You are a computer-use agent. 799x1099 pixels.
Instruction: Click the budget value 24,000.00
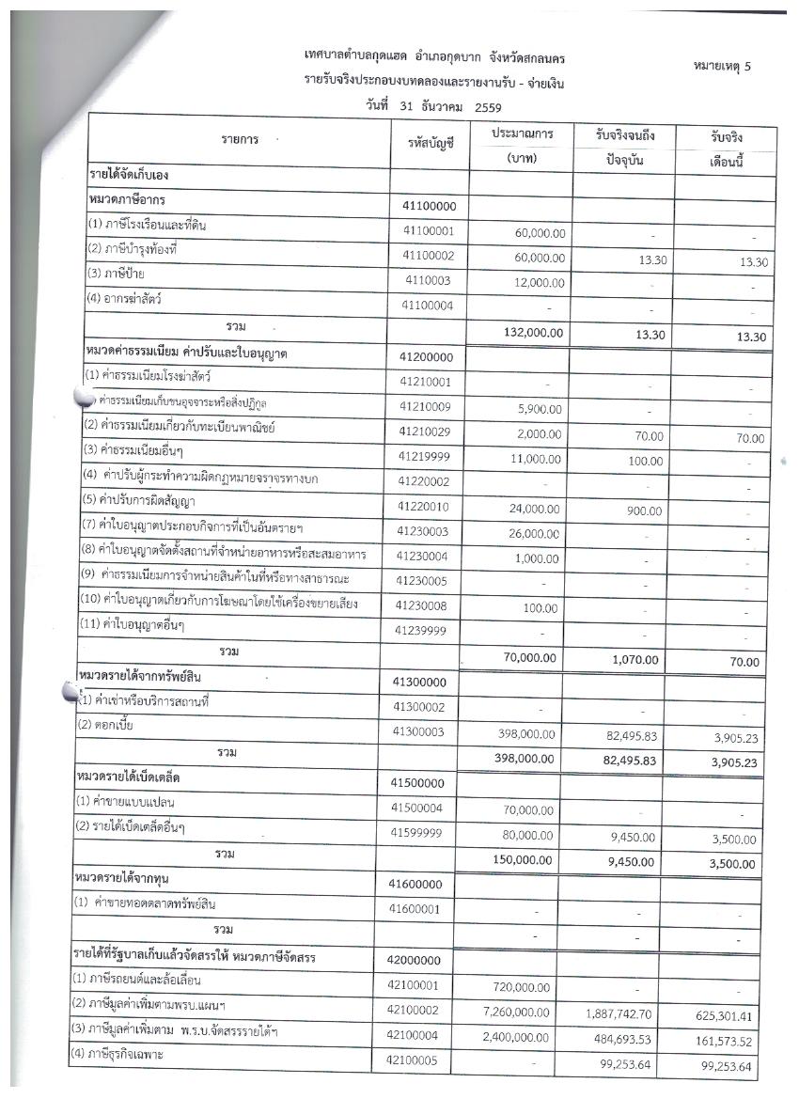point(534,507)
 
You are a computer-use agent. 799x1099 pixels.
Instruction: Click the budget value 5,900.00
point(539,410)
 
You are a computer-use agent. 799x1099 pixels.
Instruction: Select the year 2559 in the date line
point(487,107)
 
